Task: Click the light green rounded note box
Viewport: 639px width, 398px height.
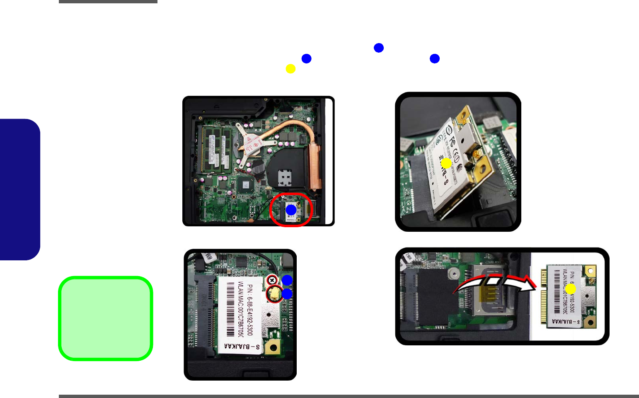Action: (106, 318)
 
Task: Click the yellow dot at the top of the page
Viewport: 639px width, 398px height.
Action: (290, 69)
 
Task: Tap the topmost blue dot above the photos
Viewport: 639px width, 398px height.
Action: (379, 48)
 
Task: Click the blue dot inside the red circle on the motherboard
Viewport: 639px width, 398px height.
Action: (291, 210)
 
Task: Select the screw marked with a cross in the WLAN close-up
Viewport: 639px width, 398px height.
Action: (272, 280)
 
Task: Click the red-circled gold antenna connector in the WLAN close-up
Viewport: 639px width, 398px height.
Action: (274, 294)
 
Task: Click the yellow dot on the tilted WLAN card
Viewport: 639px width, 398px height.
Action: (446, 163)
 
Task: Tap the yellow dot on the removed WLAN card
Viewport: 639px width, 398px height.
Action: (571, 289)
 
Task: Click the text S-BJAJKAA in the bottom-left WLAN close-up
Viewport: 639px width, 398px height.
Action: (242, 347)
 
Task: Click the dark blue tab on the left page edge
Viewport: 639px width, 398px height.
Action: (20, 189)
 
